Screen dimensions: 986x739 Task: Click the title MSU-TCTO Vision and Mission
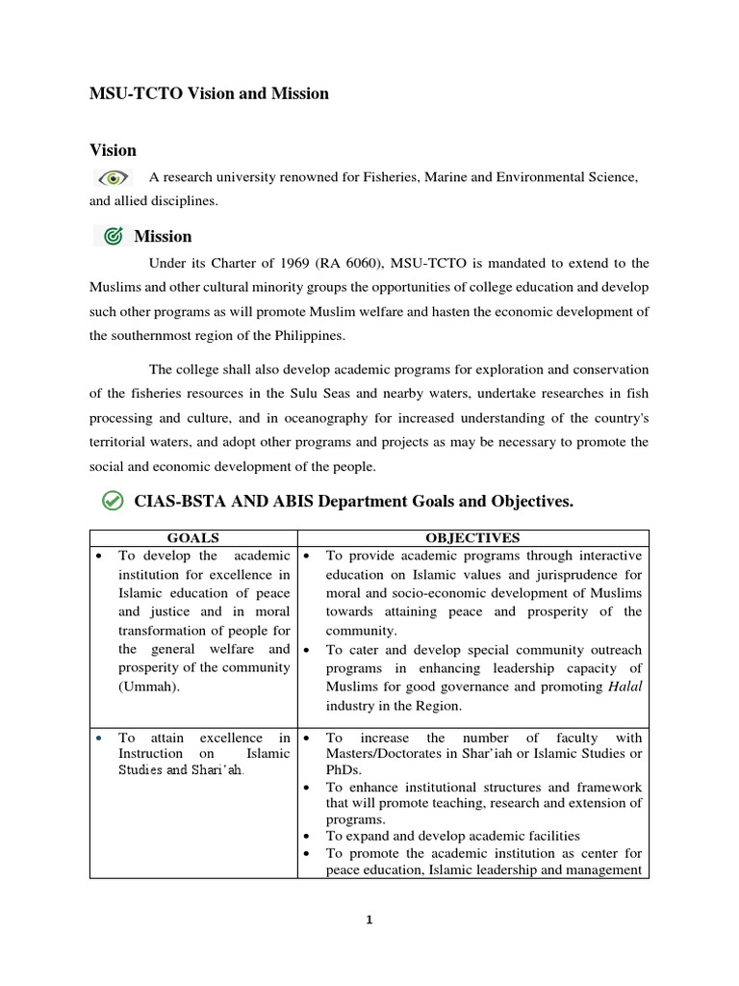(209, 93)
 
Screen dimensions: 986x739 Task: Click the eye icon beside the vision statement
(114, 177)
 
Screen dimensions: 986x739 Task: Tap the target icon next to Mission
(113, 236)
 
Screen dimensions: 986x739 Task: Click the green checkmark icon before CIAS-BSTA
(113, 501)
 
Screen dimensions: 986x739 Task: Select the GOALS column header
(192, 538)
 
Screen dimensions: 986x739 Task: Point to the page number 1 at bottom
(369, 920)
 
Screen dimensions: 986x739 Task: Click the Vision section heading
(113, 150)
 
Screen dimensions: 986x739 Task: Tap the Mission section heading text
(163, 236)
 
